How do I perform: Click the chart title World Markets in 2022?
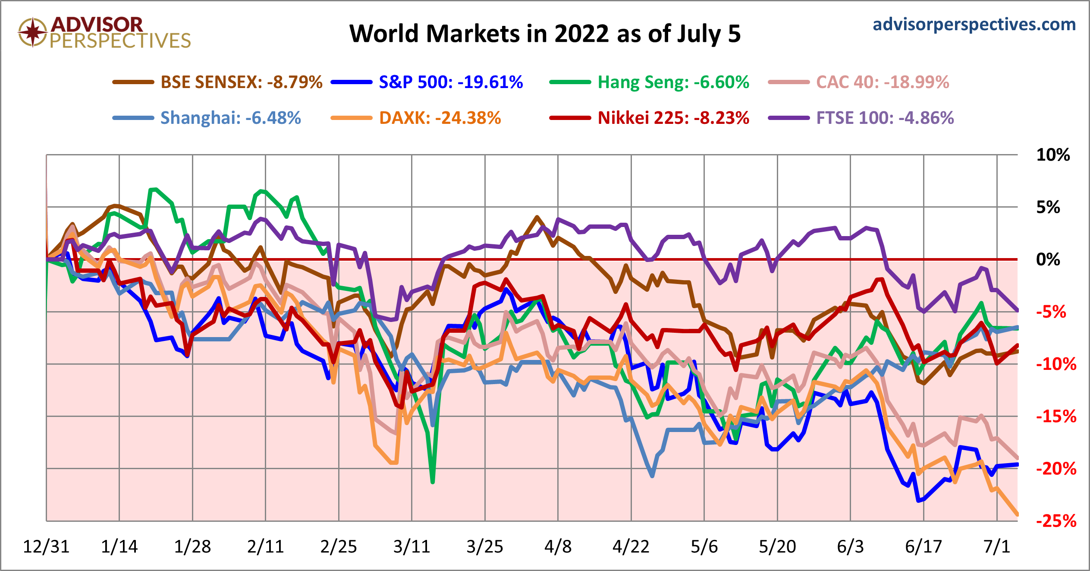click(x=545, y=34)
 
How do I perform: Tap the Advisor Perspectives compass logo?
click(x=32, y=32)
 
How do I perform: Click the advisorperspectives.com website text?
click(x=974, y=25)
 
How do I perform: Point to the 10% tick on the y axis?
click(x=1053, y=155)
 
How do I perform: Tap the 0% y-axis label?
click(x=1048, y=259)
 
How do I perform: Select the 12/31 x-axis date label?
click(x=46, y=547)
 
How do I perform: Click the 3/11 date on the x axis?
click(x=411, y=547)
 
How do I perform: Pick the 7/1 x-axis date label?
click(x=997, y=547)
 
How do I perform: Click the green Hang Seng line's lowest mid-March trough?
click(x=433, y=482)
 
